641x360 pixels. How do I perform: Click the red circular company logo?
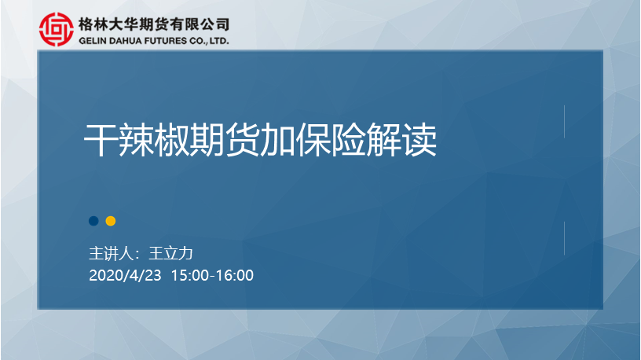coord(57,29)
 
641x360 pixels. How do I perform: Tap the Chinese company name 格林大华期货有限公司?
coord(154,24)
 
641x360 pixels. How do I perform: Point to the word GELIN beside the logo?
coord(93,41)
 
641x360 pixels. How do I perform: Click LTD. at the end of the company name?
coord(219,41)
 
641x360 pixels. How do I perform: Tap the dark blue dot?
coord(93,221)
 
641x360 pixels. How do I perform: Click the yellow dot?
coord(111,221)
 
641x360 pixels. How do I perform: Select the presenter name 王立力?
coord(171,254)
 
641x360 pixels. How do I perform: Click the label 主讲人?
coord(111,254)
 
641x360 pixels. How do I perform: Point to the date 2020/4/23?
coord(125,275)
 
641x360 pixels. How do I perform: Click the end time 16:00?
coord(235,275)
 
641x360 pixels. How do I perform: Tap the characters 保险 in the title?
coord(330,141)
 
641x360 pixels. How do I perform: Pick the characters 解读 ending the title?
coord(401,141)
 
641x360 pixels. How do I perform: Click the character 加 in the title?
coord(277,141)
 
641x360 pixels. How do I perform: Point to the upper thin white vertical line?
coord(564,122)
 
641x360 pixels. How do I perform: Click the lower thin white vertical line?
coord(564,238)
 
